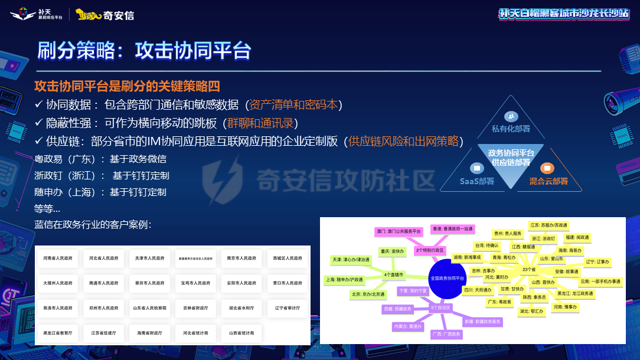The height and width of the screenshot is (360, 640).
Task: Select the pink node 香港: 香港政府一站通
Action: tap(452, 228)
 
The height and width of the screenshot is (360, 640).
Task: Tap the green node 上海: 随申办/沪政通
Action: tap(345, 279)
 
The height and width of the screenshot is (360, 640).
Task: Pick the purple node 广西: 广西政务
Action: tap(446, 334)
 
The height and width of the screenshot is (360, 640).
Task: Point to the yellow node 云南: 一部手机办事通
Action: tap(600, 282)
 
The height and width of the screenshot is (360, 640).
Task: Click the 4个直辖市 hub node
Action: tap(394, 274)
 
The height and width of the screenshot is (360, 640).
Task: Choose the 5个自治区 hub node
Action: tap(440, 307)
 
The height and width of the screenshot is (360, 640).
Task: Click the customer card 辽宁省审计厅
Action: tap(288, 308)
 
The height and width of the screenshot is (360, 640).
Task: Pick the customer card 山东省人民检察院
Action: tap(150, 308)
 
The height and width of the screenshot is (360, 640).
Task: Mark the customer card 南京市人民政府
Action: tap(241, 258)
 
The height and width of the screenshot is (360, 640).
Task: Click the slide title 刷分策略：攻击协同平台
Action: tap(145, 50)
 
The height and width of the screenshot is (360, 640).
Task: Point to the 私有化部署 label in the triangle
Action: tap(511, 128)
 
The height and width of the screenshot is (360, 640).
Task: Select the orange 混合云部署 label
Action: tap(548, 181)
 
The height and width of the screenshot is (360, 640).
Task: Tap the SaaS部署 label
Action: tap(477, 181)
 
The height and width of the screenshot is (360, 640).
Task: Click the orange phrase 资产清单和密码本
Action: tap(293, 104)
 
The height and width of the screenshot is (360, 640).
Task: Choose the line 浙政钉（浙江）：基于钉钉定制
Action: tap(102, 175)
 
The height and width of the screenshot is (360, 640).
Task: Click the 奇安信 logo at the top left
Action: tap(106, 15)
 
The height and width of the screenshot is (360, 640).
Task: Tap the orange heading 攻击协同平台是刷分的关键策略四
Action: tap(127, 86)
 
